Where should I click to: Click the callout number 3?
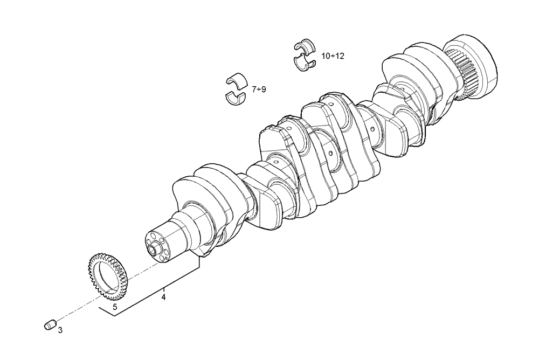(x=60, y=330)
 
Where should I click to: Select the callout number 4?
(x=163, y=296)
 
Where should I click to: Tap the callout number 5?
(x=114, y=307)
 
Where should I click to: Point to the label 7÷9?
(x=259, y=89)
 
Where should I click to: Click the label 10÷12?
(x=333, y=56)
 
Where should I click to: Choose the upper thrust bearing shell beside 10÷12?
(x=305, y=46)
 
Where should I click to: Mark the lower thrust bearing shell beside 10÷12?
(x=305, y=63)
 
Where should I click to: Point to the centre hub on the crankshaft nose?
(x=155, y=250)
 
